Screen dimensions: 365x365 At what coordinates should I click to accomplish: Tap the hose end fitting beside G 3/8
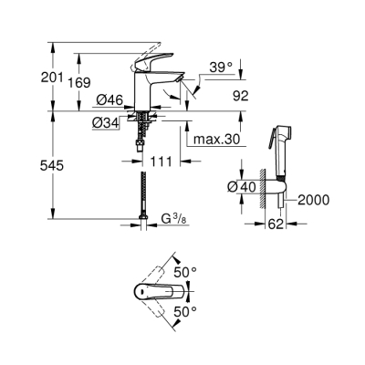coord(147,220)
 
